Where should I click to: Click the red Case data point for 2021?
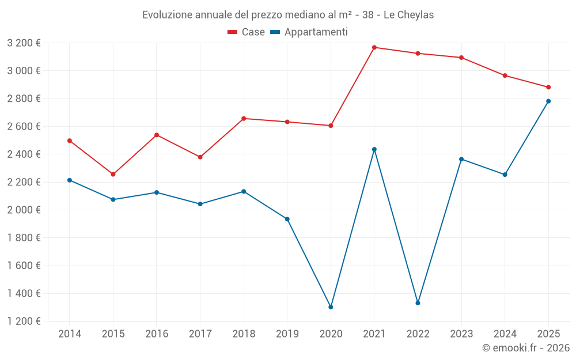374,47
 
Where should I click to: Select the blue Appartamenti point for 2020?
331,307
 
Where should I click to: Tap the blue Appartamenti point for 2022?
418,303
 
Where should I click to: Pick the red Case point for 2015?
113,175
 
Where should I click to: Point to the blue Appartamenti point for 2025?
548,101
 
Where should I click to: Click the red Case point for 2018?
244,119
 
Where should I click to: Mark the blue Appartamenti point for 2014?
70,180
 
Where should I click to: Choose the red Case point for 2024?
505,75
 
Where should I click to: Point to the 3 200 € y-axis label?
24,43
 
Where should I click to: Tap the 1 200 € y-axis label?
24,321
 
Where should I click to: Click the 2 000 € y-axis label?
24,210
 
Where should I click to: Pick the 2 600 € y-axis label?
24,126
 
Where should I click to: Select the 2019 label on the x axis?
287,334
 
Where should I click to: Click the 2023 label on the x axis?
461,334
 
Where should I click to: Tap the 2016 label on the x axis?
157,334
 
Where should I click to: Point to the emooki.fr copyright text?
525,348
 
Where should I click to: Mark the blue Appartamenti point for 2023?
461,159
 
